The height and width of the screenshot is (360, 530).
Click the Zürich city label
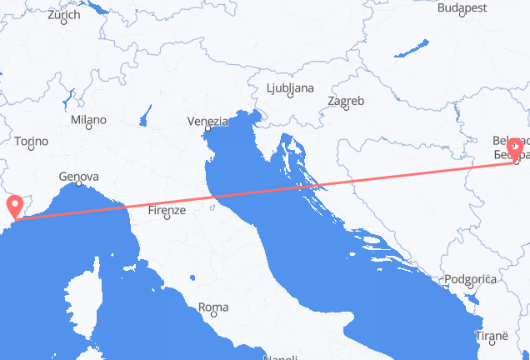click(x=63, y=15)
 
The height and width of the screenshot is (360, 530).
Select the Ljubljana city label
click(x=289, y=87)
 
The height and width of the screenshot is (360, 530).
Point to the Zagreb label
click(x=346, y=101)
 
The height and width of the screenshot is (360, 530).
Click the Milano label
click(x=88, y=120)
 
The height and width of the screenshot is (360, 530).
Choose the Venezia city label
click(x=207, y=122)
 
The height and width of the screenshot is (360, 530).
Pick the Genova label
click(x=79, y=177)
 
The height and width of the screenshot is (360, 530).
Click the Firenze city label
click(x=166, y=212)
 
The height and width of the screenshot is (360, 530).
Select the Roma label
click(x=214, y=307)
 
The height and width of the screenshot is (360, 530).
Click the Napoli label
click(x=281, y=357)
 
